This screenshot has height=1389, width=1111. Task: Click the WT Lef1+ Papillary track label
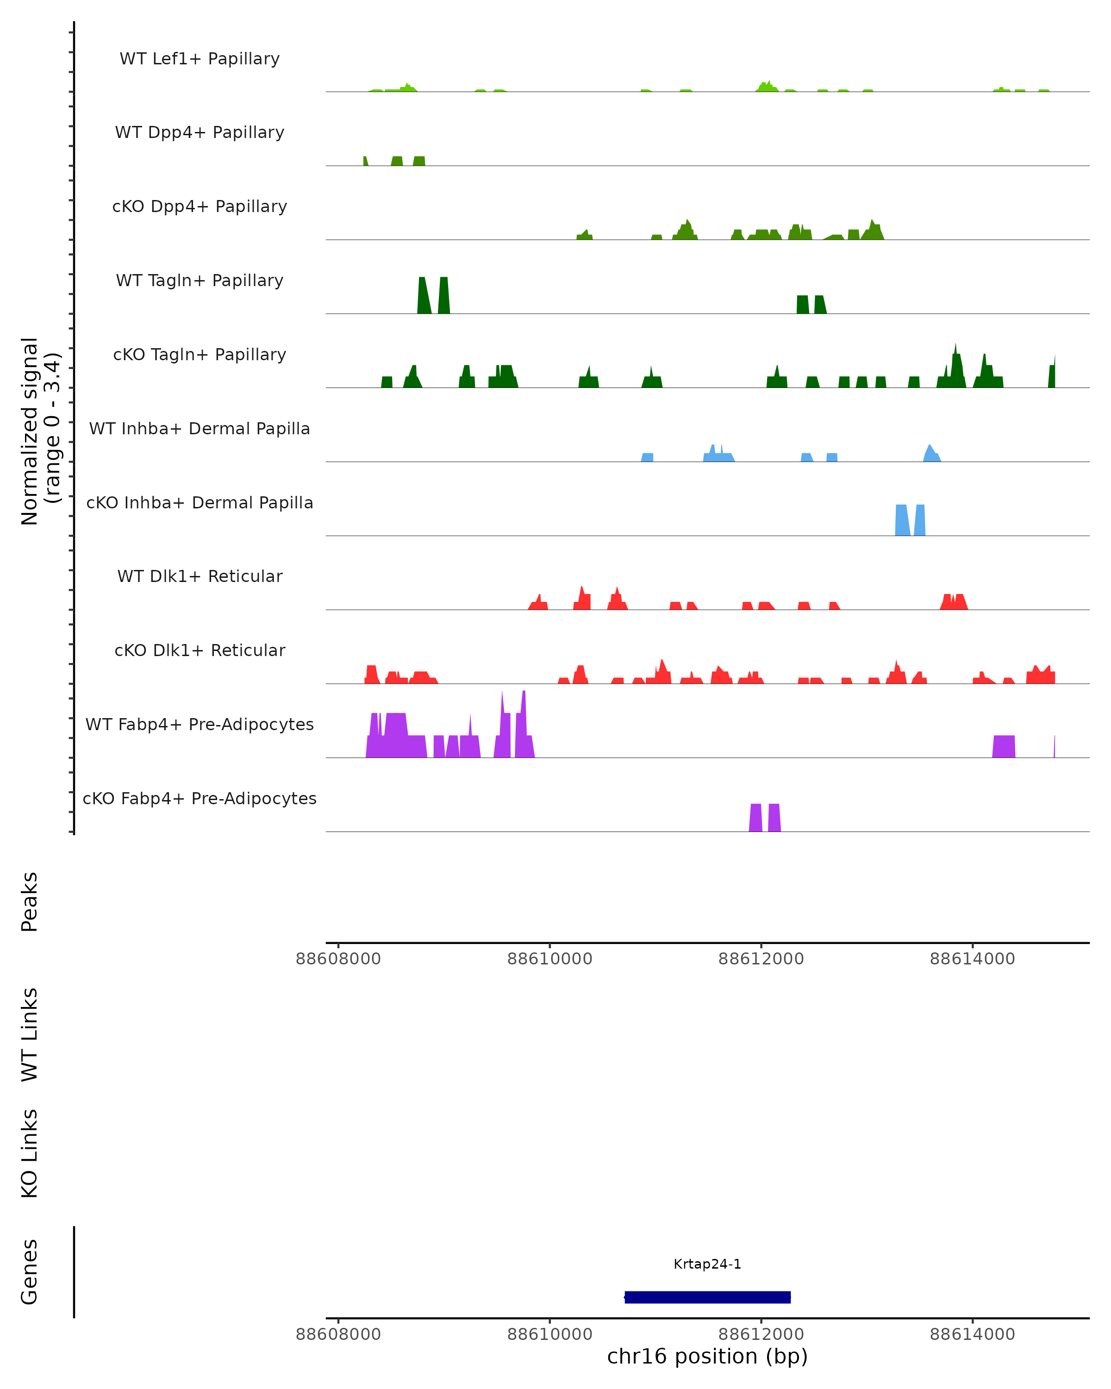(x=200, y=59)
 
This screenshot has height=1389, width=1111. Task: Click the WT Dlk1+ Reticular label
(x=200, y=576)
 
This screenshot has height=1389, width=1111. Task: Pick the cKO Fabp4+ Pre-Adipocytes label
(x=200, y=798)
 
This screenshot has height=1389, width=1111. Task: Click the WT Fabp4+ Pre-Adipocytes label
(x=200, y=724)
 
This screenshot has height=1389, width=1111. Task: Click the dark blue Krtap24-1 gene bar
(x=707, y=1297)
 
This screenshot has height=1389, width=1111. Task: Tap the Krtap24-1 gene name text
(x=707, y=1264)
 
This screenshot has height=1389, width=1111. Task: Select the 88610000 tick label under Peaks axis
(x=549, y=959)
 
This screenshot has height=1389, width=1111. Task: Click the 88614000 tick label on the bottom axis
(x=972, y=1334)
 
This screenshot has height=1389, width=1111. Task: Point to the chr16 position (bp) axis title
(x=707, y=1357)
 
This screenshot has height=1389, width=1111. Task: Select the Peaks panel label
(x=30, y=901)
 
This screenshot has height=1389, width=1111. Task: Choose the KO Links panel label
(x=30, y=1153)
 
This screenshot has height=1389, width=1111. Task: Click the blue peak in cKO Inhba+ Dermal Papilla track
(x=902, y=520)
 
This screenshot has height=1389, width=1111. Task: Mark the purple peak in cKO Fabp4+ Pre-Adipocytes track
(x=756, y=818)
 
